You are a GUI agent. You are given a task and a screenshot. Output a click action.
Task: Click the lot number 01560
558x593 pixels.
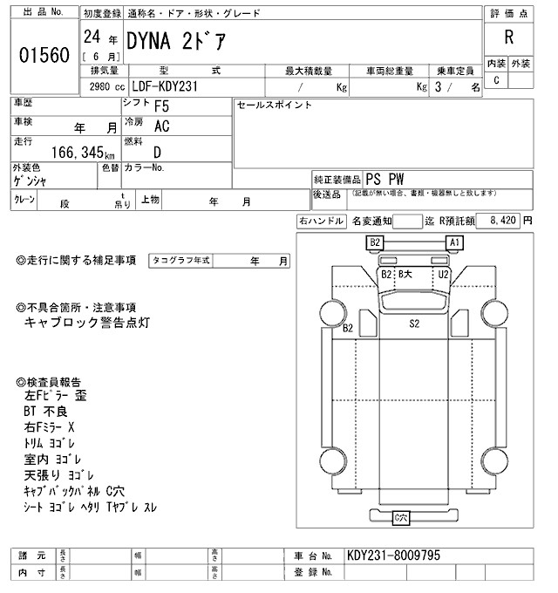point(44,56)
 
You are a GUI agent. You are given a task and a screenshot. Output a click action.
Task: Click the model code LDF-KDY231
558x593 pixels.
point(170,86)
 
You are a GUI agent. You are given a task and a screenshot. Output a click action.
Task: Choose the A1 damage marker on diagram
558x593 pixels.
point(453,242)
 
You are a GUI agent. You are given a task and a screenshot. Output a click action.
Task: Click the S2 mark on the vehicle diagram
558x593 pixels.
point(415,323)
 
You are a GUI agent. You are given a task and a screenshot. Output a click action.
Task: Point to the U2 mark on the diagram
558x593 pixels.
point(443,274)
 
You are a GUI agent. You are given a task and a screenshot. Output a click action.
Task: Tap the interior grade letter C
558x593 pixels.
point(496,80)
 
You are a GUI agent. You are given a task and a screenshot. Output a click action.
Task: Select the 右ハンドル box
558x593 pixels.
point(321,222)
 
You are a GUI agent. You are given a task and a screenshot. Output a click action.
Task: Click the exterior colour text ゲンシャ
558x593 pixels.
point(31,181)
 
